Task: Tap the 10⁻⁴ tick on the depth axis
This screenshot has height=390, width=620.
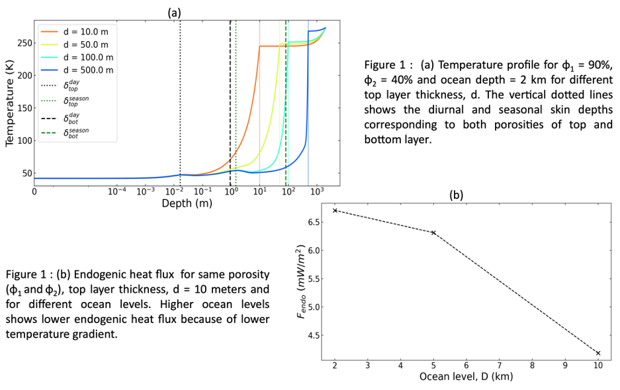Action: (116, 192)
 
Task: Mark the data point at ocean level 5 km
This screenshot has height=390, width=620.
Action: (433, 232)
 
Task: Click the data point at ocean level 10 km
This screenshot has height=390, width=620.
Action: (598, 353)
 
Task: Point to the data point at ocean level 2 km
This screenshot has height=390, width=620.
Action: (335, 211)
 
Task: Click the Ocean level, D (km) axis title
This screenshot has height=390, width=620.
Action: (466, 377)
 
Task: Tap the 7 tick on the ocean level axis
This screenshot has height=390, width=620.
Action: (499, 365)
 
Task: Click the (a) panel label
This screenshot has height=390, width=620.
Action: (173, 12)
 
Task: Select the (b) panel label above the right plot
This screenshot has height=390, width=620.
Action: (457, 195)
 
